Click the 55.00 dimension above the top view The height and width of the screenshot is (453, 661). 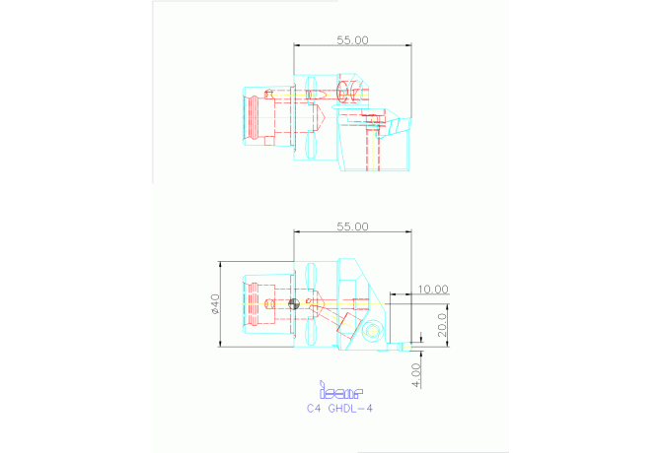352,40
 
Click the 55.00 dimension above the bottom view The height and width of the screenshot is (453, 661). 352,226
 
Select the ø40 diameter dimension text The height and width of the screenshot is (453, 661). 214,304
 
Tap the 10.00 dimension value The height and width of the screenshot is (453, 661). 432,289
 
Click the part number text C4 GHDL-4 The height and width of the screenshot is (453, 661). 340,408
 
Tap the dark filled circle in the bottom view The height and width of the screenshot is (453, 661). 291,304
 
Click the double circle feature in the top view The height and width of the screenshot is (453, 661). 344,93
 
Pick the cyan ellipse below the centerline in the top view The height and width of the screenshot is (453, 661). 311,147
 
